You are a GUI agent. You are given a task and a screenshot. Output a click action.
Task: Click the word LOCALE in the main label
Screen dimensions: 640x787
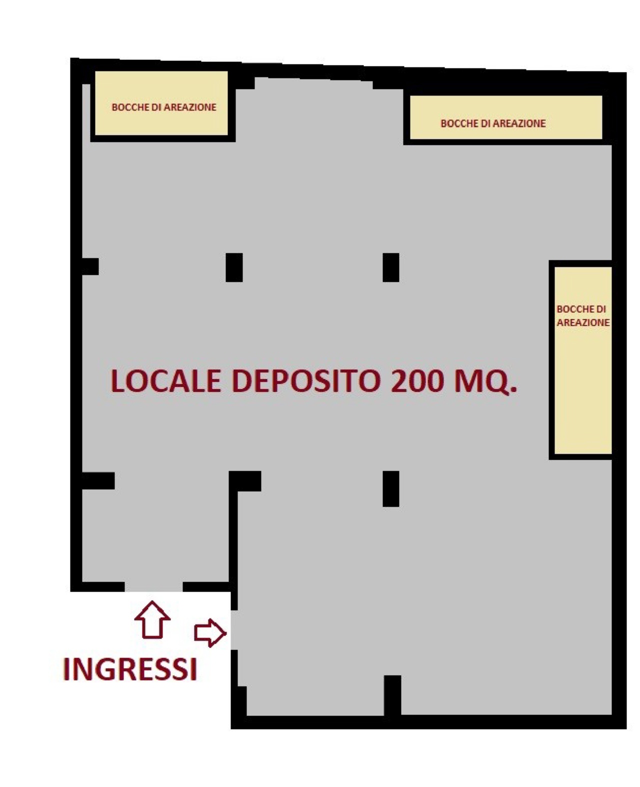(165, 381)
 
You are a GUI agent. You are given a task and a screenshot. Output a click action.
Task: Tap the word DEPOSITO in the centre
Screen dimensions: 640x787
(306, 381)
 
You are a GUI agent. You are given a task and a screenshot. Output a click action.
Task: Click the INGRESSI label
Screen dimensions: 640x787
(130, 670)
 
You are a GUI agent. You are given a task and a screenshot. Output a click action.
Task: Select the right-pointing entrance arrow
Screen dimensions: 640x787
(210, 633)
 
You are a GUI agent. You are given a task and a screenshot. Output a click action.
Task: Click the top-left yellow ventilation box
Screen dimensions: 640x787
(161, 103)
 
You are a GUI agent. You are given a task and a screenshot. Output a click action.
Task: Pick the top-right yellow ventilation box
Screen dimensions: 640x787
(506, 117)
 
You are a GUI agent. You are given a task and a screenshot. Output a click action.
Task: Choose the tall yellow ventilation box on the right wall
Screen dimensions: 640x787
(583, 360)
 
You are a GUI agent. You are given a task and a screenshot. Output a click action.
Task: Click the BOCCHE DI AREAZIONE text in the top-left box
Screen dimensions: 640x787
(164, 107)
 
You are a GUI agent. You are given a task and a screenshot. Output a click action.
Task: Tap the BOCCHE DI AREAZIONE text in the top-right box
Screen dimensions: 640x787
(493, 123)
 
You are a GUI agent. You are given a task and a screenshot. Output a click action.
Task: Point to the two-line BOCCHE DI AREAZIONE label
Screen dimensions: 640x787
(583, 315)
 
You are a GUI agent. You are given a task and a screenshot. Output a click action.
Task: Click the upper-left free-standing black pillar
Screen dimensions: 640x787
(234, 267)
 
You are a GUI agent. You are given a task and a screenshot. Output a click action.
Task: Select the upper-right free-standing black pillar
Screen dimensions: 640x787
(391, 267)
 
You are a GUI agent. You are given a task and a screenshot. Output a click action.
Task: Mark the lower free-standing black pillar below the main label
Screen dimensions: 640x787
(391, 489)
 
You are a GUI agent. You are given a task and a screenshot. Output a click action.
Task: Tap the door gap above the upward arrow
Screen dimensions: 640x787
(153, 586)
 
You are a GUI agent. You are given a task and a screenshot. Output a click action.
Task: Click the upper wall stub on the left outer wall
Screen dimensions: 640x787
(90, 266)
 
